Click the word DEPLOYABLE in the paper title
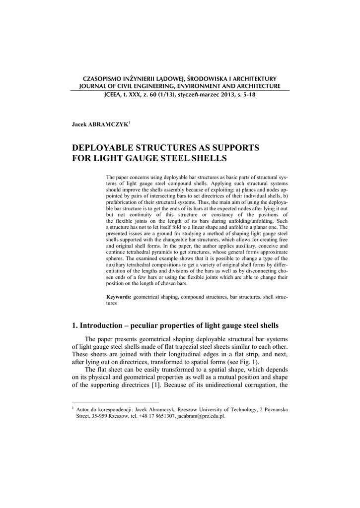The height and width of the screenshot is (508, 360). (x=105, y=148)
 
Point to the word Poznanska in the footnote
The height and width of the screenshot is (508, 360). (x=276, y=410)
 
